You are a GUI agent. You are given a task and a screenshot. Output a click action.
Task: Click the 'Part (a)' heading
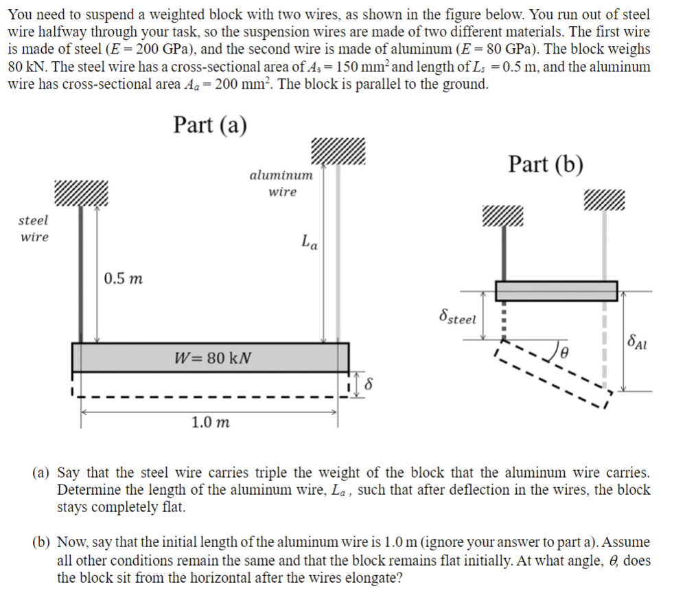(x=210, y=125)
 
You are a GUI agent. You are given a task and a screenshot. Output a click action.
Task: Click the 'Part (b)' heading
(x=546, y=165)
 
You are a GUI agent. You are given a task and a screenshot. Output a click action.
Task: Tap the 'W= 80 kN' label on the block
(x=213, y=358)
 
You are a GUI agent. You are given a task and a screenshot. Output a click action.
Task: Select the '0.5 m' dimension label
(x=124, y=279)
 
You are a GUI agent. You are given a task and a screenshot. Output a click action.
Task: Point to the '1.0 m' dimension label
(x=210, y=422)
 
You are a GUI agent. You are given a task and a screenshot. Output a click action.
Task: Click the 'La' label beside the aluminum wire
(x=309, y=241)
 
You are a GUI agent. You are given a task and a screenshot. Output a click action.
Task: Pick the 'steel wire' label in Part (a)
(x=34, y=229)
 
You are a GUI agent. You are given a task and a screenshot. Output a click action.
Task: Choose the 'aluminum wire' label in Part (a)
(x=281, y=183)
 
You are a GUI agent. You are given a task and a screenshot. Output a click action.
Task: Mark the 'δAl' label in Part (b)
(x=638, y=340)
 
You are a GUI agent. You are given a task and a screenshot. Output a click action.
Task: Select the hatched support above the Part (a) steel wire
(x=82, y=193)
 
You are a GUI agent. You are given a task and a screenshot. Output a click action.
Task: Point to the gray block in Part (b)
(x=556, y=291)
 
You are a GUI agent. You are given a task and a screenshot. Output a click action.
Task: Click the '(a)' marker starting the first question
(x=42, y=473)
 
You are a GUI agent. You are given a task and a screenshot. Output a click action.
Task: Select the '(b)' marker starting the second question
(x=43, y=542)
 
